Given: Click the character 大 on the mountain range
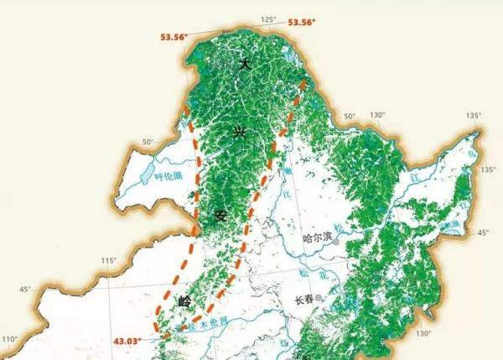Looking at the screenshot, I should (x=245, y=65).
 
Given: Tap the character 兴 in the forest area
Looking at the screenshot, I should (x=238, y=132).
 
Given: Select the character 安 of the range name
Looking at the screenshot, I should (x=222, y=216).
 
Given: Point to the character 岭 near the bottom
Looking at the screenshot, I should (x=185, y=300).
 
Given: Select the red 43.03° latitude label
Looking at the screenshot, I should (x=128, y=340).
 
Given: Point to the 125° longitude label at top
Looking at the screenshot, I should (x=268, y=19).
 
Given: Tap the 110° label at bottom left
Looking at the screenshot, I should (x=10, y=339).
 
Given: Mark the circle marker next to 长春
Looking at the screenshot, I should (x=320, y=299).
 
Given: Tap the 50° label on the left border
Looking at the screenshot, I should (x=148, y=142).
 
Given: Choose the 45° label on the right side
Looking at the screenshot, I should (x=483, y=232).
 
